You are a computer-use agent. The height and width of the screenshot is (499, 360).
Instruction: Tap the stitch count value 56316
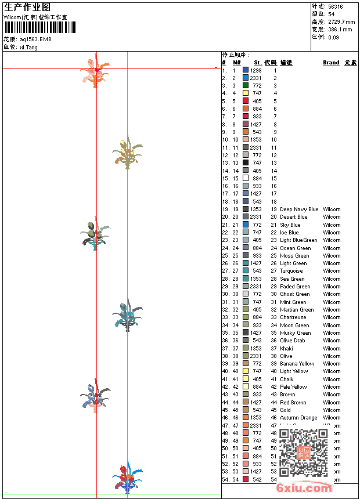(335, 7)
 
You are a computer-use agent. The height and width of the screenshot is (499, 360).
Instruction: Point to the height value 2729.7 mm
(340, 22)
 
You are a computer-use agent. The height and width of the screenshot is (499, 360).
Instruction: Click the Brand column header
(331, 63)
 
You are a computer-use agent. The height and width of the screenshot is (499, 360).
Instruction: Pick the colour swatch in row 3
(246, 85)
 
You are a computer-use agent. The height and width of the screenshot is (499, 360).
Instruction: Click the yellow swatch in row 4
(246, 93)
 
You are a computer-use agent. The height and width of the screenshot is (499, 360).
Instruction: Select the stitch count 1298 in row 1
(255, 70)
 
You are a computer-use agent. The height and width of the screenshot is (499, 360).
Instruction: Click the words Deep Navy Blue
(299, 209)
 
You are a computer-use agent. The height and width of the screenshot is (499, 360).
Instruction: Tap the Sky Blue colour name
(290, 225)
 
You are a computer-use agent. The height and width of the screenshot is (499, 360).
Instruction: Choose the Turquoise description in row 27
(291, 271)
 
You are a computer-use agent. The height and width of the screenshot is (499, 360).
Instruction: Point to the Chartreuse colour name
(293, 317)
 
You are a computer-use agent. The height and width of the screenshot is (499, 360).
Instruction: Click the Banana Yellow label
(297, 364)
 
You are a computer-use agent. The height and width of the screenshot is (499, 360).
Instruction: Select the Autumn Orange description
(298, 418)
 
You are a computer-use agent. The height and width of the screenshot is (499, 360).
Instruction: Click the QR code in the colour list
(303, 453)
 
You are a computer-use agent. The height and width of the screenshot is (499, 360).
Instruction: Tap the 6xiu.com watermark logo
(304, 488)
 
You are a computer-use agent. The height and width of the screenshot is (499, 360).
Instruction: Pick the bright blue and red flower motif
(127, 478)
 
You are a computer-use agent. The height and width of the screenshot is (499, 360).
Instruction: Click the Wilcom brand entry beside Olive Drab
(332, 341)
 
